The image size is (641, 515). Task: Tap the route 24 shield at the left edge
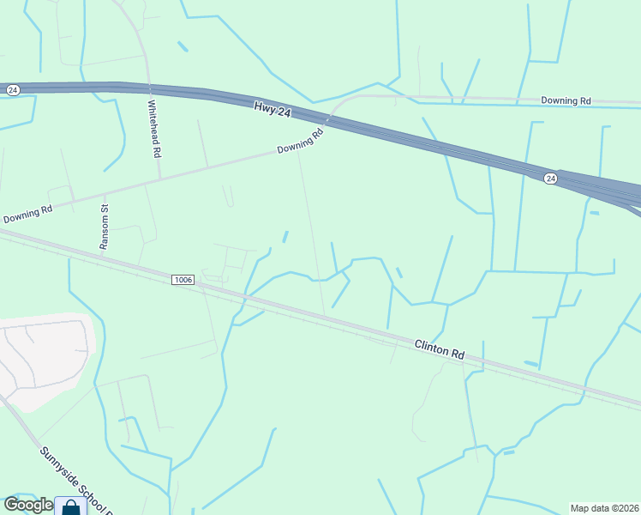click(12, 89)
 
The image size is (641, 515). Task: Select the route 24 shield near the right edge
click(550, 178)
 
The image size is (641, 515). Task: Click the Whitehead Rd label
click(154, 129)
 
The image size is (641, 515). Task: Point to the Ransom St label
click(105, 227)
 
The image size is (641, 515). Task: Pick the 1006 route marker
click(183, 280)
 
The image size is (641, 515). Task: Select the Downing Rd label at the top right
click(566, 100)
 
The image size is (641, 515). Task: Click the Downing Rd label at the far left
click(27, 214)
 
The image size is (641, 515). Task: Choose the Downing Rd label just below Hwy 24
click(300, 142)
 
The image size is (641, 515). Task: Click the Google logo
click(28, 505)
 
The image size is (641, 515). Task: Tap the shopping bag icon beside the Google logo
click(70, 506)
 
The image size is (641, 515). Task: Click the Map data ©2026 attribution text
click(604, 508)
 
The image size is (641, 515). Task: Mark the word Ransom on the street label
click(105, 233)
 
